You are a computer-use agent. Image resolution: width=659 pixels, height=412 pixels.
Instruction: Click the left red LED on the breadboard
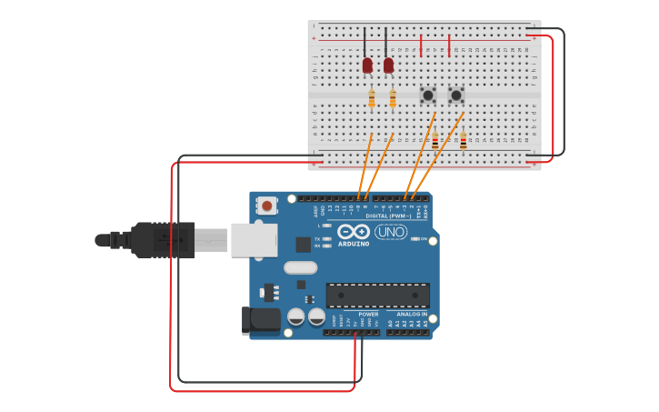(x=367, y=65)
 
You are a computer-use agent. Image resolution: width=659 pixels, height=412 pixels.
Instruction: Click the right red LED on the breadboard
(x=388, y=65)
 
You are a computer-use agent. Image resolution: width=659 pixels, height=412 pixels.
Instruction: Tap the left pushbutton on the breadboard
(x=428, y=95)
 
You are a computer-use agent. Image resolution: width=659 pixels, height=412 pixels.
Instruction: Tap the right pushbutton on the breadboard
(x=456, y=95)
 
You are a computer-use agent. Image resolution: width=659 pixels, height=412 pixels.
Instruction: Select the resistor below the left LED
(x=372, y=99)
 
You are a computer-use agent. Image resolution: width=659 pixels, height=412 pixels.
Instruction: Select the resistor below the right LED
(x=393, y=99)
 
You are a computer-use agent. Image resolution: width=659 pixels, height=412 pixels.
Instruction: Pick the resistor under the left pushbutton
(x=434, y=140)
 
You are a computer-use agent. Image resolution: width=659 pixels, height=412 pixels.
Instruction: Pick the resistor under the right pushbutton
(x=463, y=140)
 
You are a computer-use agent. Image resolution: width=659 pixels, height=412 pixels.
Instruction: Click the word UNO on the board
(x=391, y=232)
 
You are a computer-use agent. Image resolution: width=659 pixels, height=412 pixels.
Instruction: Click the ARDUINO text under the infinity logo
(x=354, y=244)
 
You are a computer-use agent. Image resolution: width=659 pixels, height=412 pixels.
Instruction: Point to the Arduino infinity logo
(x=354, y=232)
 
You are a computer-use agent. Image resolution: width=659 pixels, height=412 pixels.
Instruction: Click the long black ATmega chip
(x=377, y=296)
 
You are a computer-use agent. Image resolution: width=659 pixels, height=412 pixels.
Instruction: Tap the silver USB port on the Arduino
(x=254, y=240)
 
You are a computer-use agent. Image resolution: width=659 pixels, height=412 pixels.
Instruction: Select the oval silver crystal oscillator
(x=300, y=267)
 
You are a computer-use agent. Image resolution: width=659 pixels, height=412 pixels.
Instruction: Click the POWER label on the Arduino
(x=368, y=315)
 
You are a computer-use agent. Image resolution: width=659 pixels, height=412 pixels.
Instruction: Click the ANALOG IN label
(x=412, y=315)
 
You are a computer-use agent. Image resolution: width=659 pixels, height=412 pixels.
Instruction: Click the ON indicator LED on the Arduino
(x=414, y=239)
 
